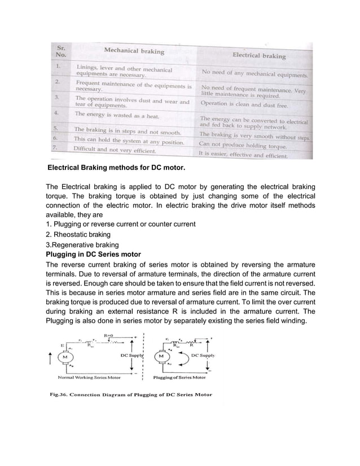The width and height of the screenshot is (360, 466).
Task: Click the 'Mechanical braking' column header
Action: point(134,51)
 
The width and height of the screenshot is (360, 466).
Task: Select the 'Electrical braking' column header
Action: point(259,56)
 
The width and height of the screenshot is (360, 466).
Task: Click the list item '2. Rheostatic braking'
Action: point(77,234)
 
